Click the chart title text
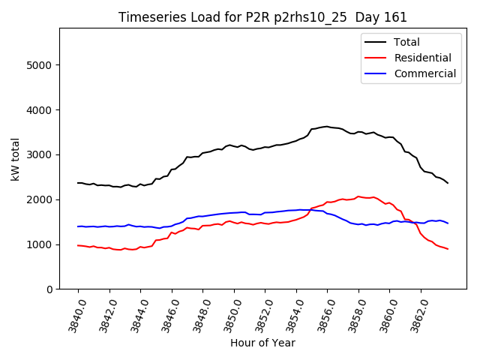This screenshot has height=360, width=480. point(262,17)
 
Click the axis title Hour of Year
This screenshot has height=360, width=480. point(262,343)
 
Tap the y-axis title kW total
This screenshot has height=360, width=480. point(15,159)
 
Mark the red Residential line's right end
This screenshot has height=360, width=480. point(448,249)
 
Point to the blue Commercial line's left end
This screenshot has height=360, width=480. point(78,226)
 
